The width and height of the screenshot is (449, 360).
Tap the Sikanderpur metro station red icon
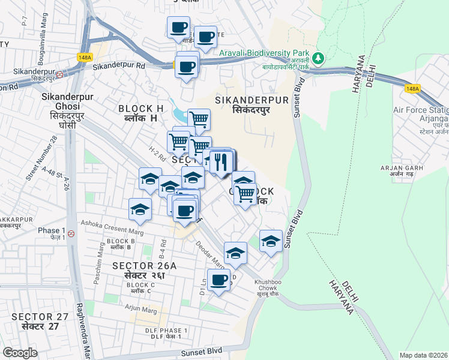tap(59, 74)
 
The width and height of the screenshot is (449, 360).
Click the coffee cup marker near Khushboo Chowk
tap(219, 280)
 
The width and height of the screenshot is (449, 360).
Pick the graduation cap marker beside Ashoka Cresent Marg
tap(140, 210)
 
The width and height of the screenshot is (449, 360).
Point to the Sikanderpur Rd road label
tap(119, 66)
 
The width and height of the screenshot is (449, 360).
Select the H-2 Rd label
tap(157, 156)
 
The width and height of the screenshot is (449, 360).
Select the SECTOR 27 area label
tap(37, 321)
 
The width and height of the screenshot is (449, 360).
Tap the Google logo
tap(20, 352)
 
